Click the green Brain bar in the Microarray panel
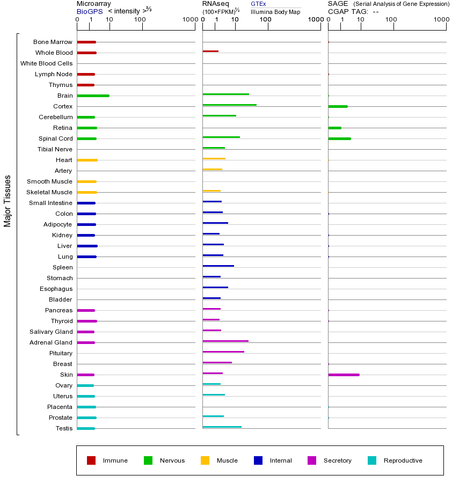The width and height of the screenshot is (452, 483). tap(93, 96)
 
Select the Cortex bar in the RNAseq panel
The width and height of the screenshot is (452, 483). tap(229, 105)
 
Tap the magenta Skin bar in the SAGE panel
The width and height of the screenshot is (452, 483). tap(344, 375)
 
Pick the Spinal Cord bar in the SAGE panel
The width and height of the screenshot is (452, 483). tap(339, 138)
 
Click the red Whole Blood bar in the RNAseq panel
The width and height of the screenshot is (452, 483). tap(210, 51)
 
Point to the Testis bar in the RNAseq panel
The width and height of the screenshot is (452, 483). tap(222, 427)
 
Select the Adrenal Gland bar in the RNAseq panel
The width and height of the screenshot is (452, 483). tap(225, 341)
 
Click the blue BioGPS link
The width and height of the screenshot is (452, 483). tap(88, 11)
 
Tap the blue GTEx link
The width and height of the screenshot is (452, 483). tap(258, 4)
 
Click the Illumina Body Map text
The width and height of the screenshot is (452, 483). tap(275, 12)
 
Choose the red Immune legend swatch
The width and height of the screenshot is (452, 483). tap(91, 460)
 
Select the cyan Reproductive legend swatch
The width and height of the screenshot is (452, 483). tap(372, 460)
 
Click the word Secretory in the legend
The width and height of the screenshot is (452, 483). tap(337, 460)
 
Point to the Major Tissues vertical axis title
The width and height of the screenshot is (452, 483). tap(8, 201)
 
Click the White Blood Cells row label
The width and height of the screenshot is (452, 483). tap(46, 63)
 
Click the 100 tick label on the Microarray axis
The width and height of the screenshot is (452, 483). tap(140, 20)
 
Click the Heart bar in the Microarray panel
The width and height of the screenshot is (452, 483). tap(87, 160)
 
